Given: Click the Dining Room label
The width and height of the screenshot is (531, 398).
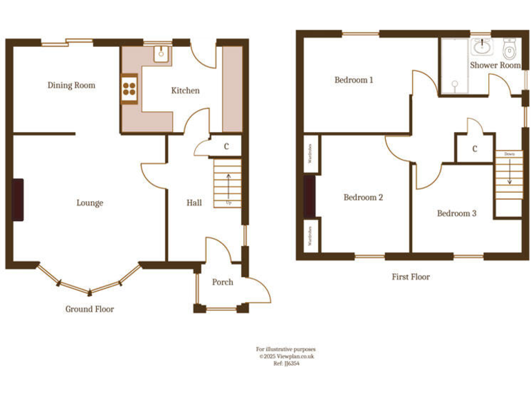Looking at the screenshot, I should pyautogui.click(x=71, y=86).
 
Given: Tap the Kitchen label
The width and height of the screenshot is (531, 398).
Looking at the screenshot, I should pyautogui.click(x=185, y=91).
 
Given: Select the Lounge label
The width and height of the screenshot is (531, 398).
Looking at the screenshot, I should pyautogui.click(x=90, y=203).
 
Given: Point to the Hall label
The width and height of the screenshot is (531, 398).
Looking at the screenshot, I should pyautogui.click(x=194, y=203).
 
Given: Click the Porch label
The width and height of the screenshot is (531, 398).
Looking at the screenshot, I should pyautogui.click(x=223, y=282).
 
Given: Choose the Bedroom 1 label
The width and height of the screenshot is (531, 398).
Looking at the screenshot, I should pyautogui.click(x=354, y=80).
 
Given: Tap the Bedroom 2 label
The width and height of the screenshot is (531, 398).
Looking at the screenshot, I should pyautogui.click(x=364, y=198).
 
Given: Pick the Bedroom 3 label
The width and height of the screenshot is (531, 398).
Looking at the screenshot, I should pyautogui.click(x=456, y=214).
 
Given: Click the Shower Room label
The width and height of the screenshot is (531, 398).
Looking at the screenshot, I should pyautogui.click(x=495, y=66).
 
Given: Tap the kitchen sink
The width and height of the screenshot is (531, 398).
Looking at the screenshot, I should pyautogui.click(x=160, y=53).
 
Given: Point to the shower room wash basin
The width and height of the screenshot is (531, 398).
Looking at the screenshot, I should pyautogui.click(x=481, y=47).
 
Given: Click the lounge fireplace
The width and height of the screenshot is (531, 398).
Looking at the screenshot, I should pyautogui.click(x=17, y=200).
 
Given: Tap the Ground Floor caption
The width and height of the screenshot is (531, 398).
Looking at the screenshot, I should pyautogui.click(x=90, y=310).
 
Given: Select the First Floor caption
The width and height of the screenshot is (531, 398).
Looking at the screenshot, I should pyautogui.click(x=411, y=277).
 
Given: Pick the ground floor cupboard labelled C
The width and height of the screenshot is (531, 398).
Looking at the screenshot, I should pyautogui.click(x=226, y=146).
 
